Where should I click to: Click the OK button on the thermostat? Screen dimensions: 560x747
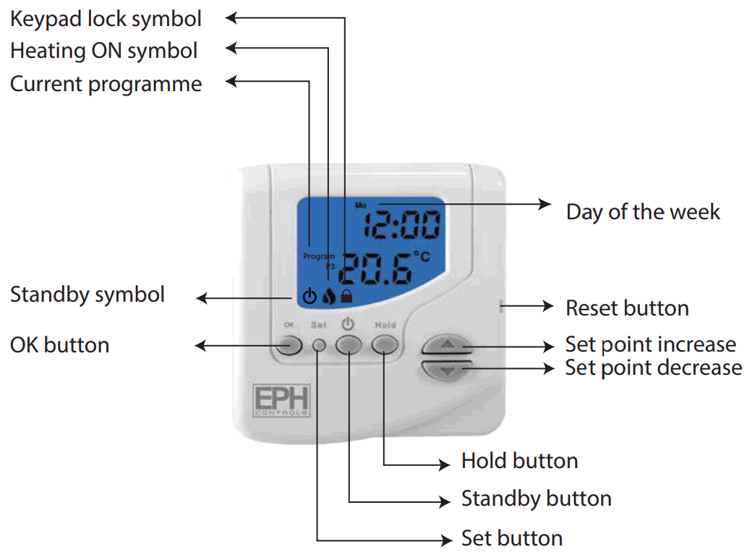coord(288,345)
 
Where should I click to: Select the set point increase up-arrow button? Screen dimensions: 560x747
coord(448,345)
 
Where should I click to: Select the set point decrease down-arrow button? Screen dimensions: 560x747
coord(448,370)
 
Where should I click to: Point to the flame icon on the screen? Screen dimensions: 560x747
coord(329,295)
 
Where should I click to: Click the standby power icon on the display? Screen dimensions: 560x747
coord(310,295)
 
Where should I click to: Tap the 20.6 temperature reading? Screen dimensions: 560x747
coord(375,270)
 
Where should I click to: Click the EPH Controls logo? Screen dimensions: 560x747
coord(281,399)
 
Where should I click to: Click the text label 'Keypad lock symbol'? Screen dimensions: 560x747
coord(106,19)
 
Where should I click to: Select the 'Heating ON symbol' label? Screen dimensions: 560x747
coord(103,51)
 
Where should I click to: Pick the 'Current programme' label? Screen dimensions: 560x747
coord(106,84)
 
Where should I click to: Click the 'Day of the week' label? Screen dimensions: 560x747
coord(643,212)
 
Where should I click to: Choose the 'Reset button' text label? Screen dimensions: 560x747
coord(627,308)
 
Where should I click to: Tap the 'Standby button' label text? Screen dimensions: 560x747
coord(537,499)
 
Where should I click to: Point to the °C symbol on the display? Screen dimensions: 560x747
coord(421,257)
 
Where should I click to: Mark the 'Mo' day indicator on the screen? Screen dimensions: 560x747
coord(360,205)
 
